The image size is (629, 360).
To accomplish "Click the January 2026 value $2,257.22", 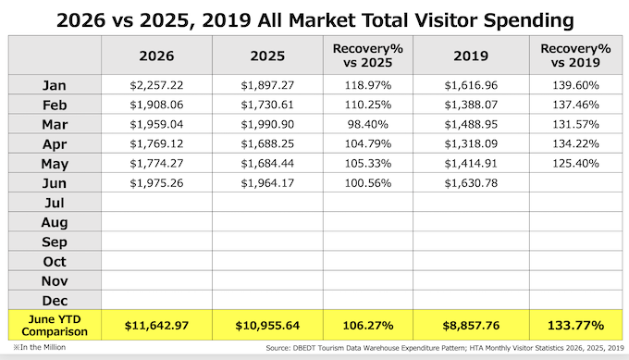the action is pos(156,85).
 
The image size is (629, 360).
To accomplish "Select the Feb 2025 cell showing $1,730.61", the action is pos(267,105).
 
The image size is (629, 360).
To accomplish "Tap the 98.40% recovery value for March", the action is pos(368,124).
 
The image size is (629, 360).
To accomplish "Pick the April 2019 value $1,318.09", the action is pos(471,143).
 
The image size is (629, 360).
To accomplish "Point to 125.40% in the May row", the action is pos(575,164).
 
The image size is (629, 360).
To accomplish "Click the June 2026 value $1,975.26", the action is pos(156,183).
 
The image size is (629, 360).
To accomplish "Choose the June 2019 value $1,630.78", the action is pos(471,183).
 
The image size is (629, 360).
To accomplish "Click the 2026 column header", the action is pos(156,56).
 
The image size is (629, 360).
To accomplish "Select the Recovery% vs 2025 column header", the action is pos(368,56).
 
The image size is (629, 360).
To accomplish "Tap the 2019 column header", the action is pos(471,56).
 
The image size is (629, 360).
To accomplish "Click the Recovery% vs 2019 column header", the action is pos(575,56).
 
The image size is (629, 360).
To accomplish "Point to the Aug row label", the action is pos(55,222).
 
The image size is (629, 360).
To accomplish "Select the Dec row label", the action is pos(55,301).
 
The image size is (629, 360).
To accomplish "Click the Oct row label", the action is pos(55,262).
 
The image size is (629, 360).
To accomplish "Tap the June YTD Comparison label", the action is pos(55,325).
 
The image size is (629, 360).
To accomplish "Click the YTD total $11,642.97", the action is pos(156,325).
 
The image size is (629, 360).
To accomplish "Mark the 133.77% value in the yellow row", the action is pos(575,325).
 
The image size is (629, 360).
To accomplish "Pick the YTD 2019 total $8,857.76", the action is pos(471,325).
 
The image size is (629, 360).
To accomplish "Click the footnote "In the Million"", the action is pos(39,347).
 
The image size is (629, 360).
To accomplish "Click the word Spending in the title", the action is pos(529,20).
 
